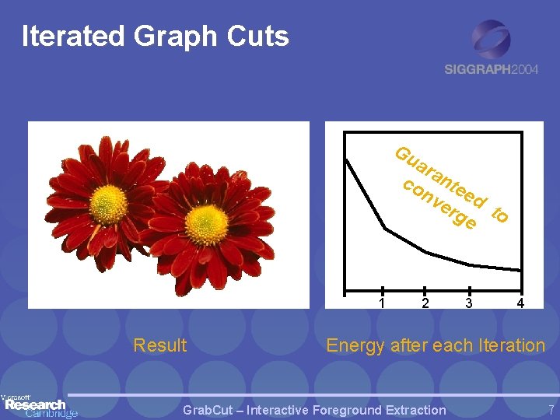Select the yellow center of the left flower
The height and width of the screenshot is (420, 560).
tap(110, 201)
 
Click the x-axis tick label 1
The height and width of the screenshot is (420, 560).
tap(382, 303)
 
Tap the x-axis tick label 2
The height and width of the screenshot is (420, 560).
tap(425, 303)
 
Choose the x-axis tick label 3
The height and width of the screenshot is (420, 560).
tap(468, 303)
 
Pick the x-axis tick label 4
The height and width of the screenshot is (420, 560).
tap(520, 303)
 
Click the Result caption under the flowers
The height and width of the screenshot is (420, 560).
tap(160, 345)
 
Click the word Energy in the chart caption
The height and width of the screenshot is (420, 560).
tap(355, 346)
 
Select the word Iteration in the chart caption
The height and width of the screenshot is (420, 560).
tap(509, 345)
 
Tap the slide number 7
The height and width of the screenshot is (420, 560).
tap(550, 410)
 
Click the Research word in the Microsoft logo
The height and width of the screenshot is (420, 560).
tap(35, 404)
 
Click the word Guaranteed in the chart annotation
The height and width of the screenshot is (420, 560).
tap(443, 178)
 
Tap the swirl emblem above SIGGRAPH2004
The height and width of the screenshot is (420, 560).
tap(492, 39)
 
